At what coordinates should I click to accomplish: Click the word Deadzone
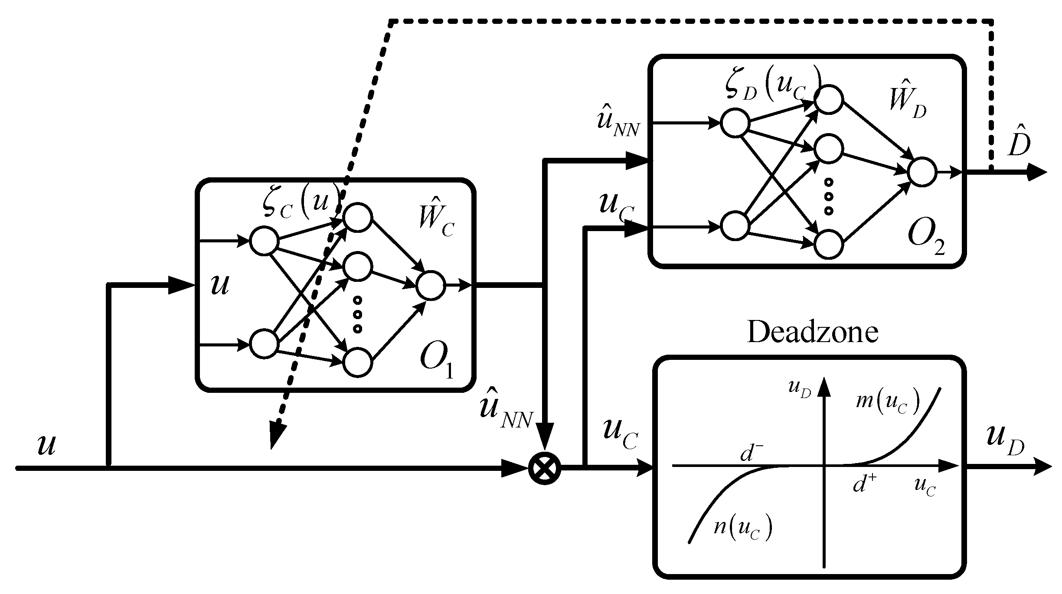click(x=812, y=333)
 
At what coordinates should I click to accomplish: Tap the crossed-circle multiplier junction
click(x=545, y=468)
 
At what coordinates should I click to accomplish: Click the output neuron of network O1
click(x=431, y=285)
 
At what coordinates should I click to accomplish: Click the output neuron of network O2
click(x=922, y=172)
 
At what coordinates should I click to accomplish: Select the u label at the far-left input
click(x=46, y=444)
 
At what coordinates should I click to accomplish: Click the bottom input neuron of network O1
click(x=264, y=343)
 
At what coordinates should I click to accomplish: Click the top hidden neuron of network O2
click(x=829, y=100)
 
